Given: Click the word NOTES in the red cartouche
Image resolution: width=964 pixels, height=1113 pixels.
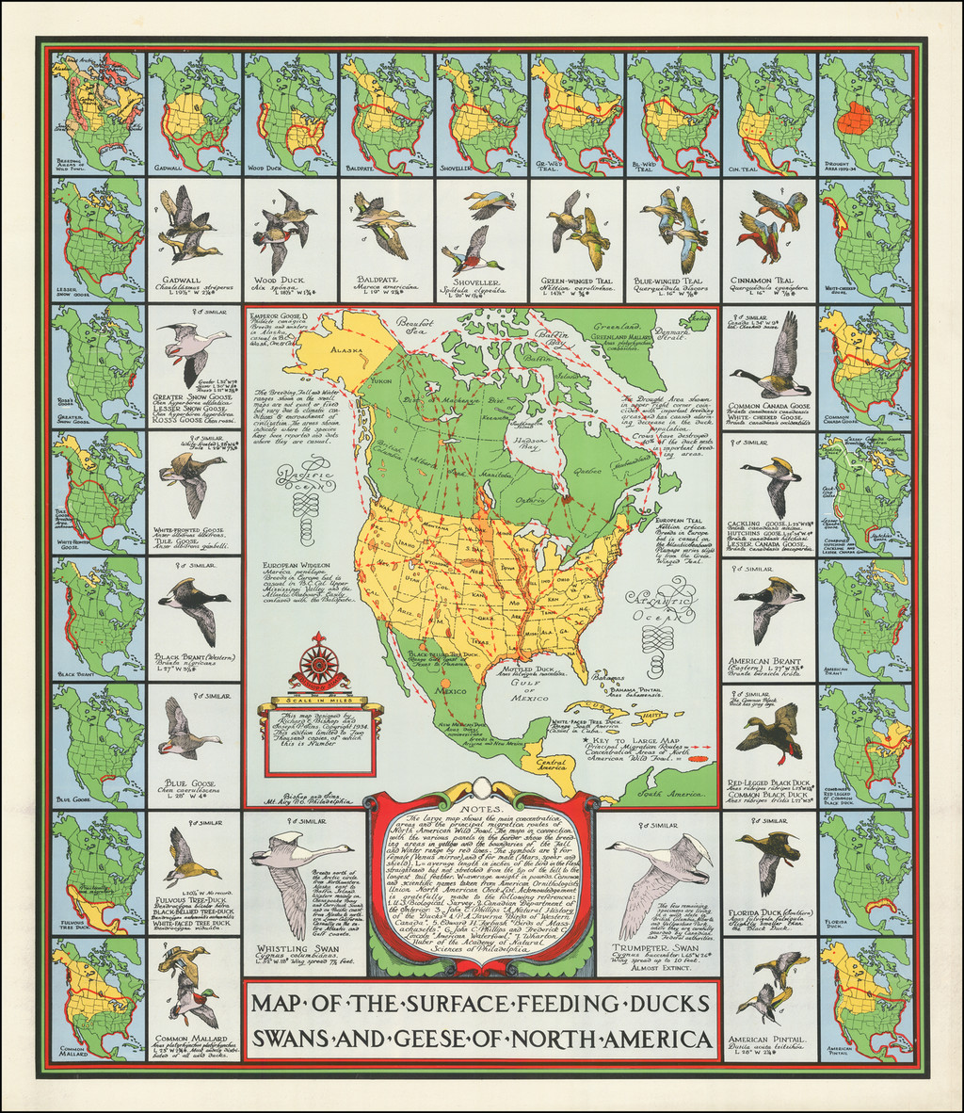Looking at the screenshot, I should (481, 807).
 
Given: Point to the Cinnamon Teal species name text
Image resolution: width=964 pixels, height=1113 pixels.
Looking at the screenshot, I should (770, 281).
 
